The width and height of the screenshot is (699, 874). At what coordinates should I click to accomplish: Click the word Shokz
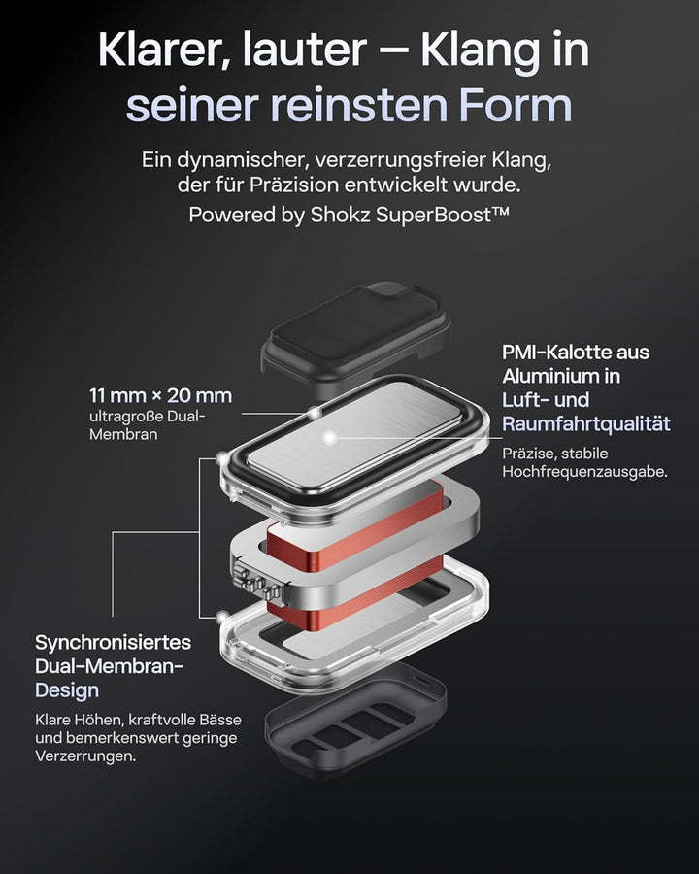(340, 215)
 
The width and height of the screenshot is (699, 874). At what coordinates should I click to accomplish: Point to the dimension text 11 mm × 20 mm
(160, 396)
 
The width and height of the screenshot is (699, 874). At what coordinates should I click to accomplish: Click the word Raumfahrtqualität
(585, 424)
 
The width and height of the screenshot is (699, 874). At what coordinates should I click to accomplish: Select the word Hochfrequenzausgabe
(584, 472)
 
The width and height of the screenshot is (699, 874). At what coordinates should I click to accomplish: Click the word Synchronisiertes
(114, 643)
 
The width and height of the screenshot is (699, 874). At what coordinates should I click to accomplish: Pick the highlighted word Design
(67, 690)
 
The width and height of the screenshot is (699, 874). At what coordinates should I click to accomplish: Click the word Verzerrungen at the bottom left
(84, 756)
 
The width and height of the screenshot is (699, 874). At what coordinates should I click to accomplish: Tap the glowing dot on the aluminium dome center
(330, 438)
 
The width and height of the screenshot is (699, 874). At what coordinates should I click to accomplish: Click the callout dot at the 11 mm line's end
(316, 413)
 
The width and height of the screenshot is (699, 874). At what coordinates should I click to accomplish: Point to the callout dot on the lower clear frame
(223, 617)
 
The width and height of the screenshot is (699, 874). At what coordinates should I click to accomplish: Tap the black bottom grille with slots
(355, 719)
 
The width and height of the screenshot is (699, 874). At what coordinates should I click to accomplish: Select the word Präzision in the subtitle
(294, 185)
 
